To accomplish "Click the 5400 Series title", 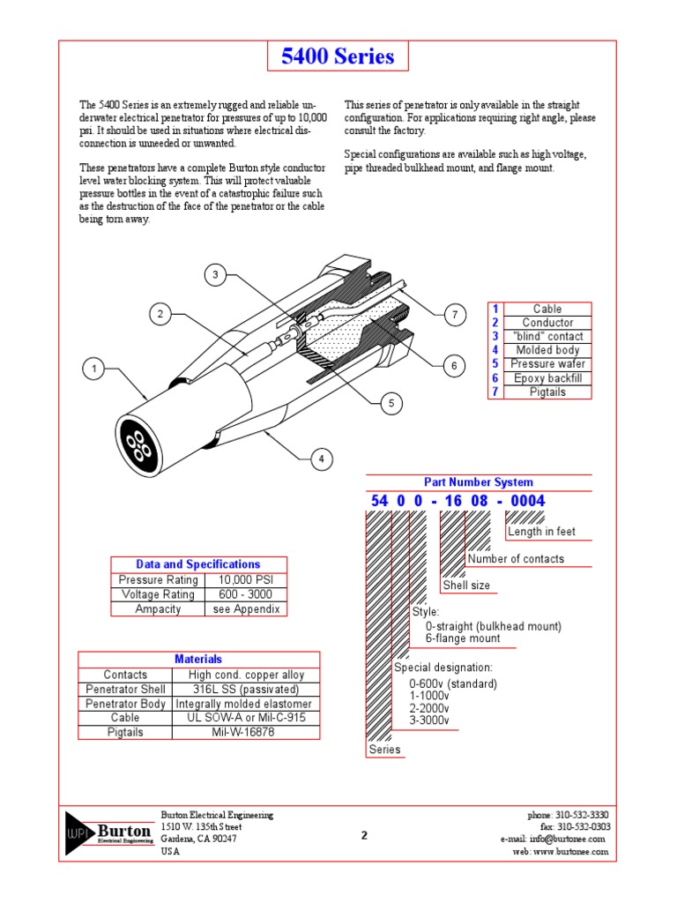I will pyautogui.click(x=338, y=57).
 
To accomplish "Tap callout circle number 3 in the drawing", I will pyautogui.click(x=214, y=276).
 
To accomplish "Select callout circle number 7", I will pyautogui.click(x=454, y=315).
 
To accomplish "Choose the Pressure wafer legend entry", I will pyautogui.click(x=547, y=364).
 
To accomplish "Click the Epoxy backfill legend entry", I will pyautogui.click(x=547, y=378).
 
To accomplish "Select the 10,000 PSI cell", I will pyautogui.click(x=246, y=580).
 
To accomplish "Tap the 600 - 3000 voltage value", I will pyautogui.click(x=246, y=594).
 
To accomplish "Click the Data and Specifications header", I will pyautogui.click(x=198, y=564).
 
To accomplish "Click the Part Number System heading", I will pyautogui.click(x=478, y=482).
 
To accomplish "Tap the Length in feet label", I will pyautogui.click(x=541, y=532).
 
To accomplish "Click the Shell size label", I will pyautogui.click(x=466, y=586).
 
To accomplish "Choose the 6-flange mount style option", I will pyautogui.click(x=462, y=638).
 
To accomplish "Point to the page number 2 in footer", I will pyautogui.click(x=364, y=835).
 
